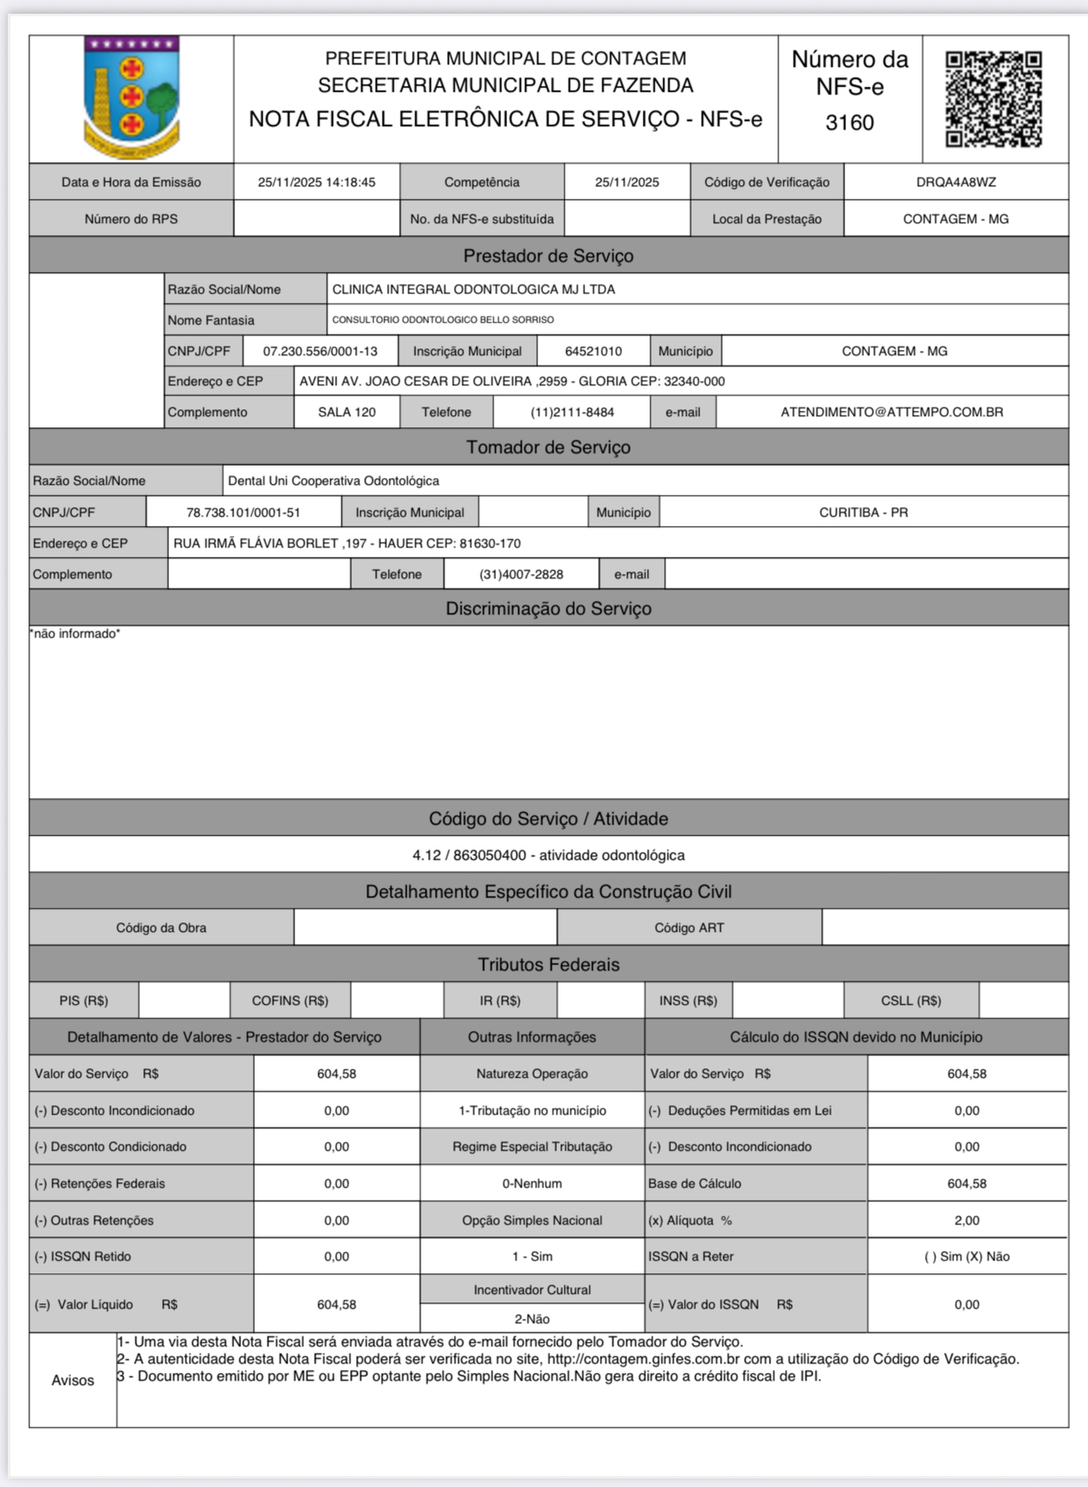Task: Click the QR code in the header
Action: coord(994,99)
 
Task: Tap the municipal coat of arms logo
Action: coord(131,97)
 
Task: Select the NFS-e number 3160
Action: coord(849,123)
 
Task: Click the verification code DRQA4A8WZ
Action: coord(956,182)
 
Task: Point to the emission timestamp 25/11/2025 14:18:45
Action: coord(317,182)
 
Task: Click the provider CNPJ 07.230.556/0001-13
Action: coord(320,351)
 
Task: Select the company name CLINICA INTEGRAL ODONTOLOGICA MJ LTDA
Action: coord(474,289)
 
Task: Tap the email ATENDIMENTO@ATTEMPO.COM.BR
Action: coord(892,412)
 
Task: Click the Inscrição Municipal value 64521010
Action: coord(594,351)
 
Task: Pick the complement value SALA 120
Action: coord(347,412)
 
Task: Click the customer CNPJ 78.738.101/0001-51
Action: coord(243,512)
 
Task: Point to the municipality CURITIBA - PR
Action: coord(863,512)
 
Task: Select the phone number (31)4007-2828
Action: coord(521,574)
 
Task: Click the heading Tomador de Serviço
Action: coord(548,447)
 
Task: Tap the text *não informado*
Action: coord(76,633)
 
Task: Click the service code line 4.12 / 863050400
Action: coord(548,855)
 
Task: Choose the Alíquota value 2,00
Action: coord(967,1220)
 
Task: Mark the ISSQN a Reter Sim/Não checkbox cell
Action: coord(967,1256)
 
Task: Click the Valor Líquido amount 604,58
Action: coord(336,1304)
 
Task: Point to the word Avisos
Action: coord(73,1380)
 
